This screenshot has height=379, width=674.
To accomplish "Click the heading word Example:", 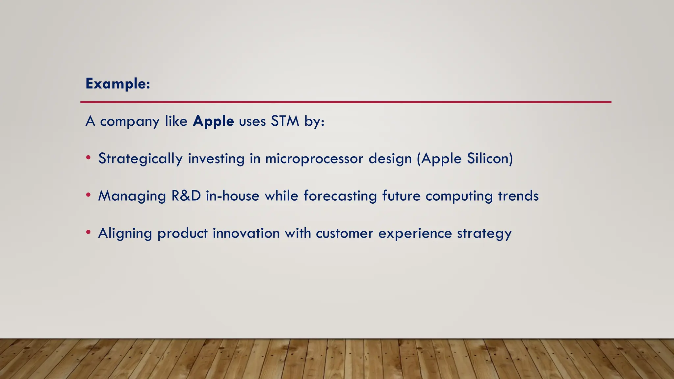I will pos(118,84).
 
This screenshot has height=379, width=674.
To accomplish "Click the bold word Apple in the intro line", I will pos(213,121).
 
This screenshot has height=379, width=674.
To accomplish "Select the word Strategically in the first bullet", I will pos(140,159).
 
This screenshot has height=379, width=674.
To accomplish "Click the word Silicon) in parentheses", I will pos(490,159).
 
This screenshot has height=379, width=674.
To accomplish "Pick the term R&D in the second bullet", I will pos(186,196).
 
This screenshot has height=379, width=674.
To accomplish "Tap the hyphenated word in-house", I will pos(233,196).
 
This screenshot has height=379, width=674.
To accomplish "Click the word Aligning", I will pos(125,234).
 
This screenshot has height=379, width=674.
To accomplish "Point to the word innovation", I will pos(246,233).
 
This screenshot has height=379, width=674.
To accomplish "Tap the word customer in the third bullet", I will pos(345,233).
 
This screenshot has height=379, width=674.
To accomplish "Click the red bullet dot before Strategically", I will pos(88,158).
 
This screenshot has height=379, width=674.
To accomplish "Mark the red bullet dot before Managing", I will pos(88,195).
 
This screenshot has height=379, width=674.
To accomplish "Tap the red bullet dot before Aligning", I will pos(88,232).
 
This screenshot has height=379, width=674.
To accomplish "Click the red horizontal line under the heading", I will pos(346,102).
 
